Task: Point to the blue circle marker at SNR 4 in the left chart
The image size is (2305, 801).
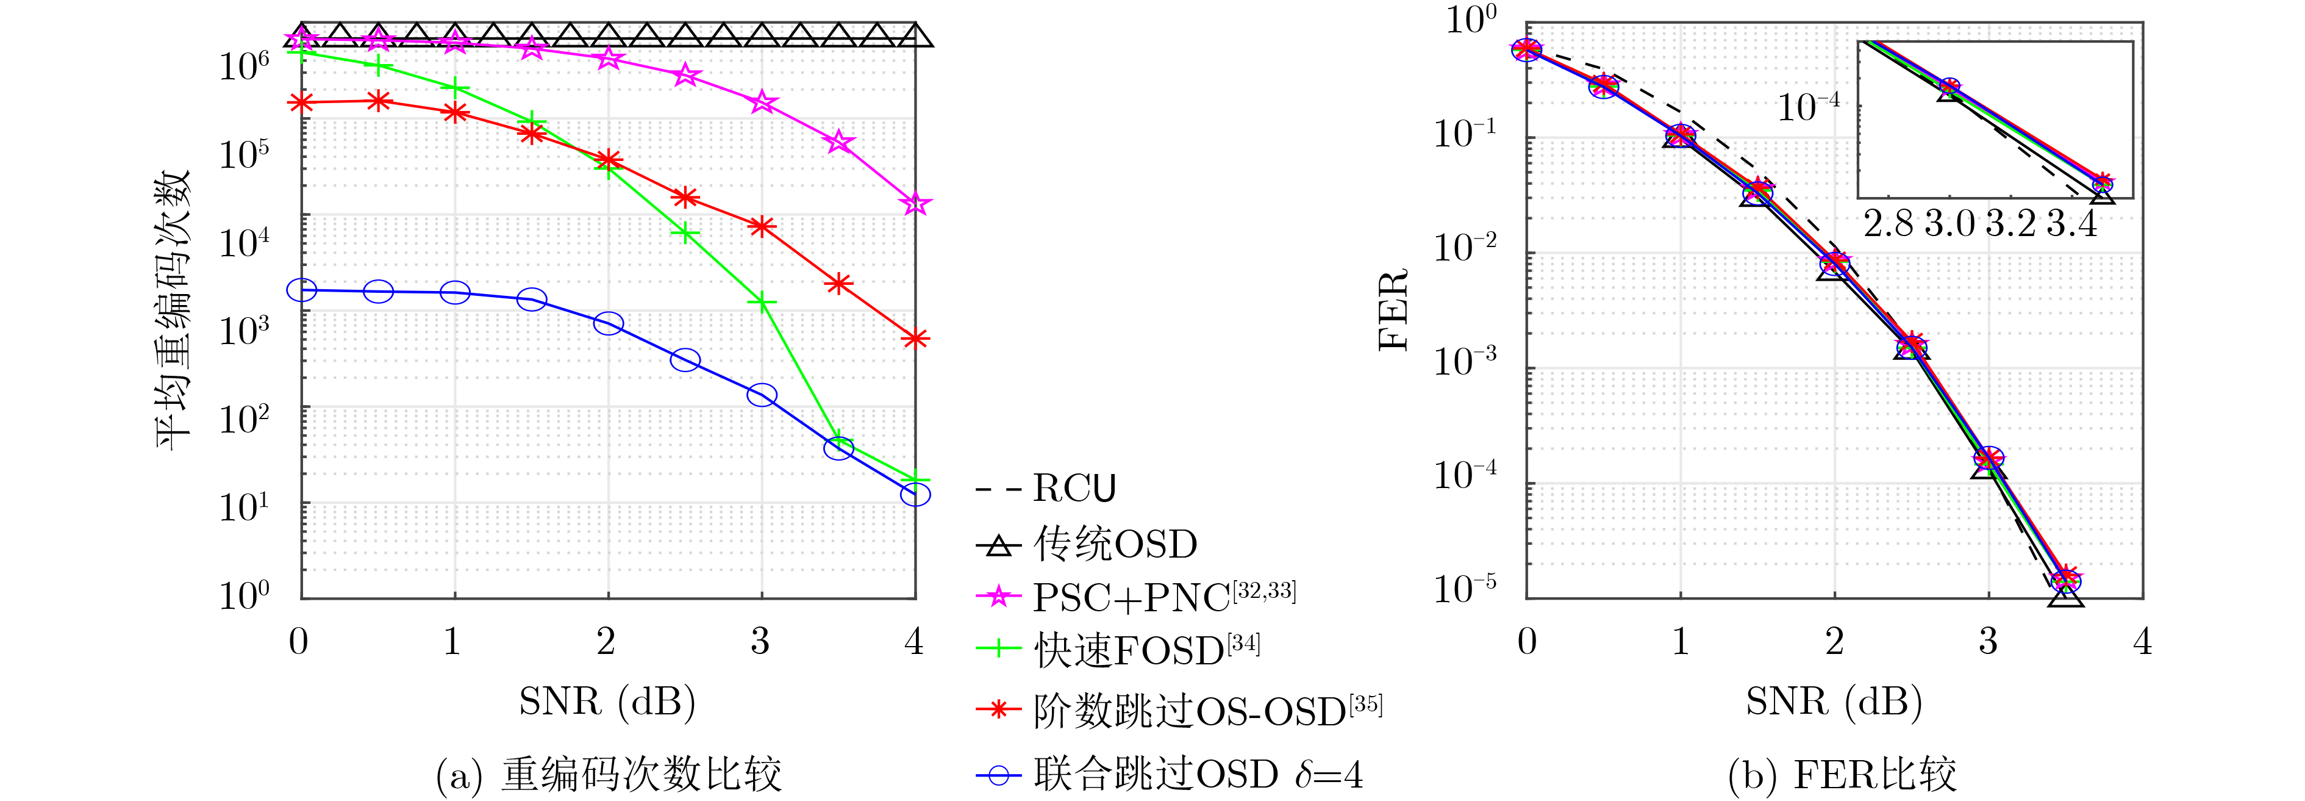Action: click(915, 494)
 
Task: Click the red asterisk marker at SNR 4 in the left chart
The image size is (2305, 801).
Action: click(915, 339)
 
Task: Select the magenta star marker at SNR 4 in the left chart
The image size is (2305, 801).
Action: click(915, 204)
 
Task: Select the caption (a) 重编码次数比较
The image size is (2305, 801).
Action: click(609, 774)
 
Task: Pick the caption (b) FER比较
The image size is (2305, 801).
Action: click(1842, 774)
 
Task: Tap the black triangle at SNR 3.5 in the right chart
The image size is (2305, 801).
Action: click(2065, 594)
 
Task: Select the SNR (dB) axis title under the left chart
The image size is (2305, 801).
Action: click(607, 701)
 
